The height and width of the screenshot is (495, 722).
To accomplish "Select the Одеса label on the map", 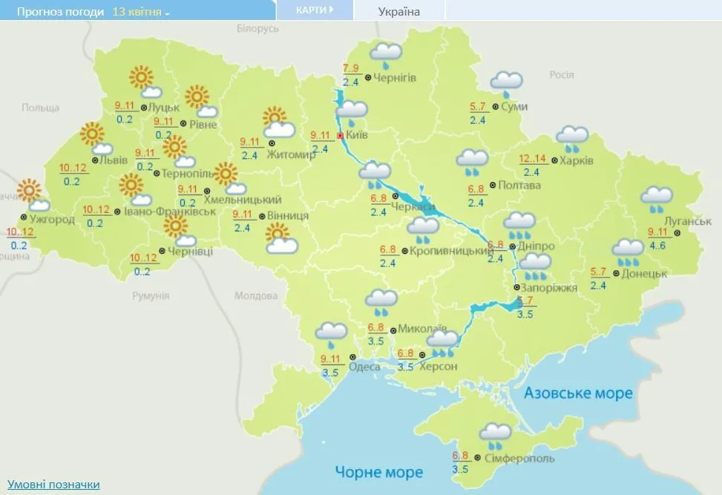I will (364, 367).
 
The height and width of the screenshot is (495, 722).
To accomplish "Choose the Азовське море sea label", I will (578, 393).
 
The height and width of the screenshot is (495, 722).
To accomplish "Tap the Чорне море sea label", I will (378, 471).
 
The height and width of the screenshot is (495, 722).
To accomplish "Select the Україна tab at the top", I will (398, 11).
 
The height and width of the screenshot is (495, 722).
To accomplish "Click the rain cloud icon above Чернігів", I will (386, 53).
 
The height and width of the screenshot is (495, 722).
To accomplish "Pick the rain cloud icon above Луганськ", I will (657, 198).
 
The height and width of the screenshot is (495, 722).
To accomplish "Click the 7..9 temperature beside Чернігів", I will (351, 70).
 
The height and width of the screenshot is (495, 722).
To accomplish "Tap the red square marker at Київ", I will (340, 137).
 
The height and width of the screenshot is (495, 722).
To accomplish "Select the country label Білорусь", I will (257, 28).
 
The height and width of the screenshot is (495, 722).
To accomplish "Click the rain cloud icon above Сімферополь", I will (496, 434).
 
